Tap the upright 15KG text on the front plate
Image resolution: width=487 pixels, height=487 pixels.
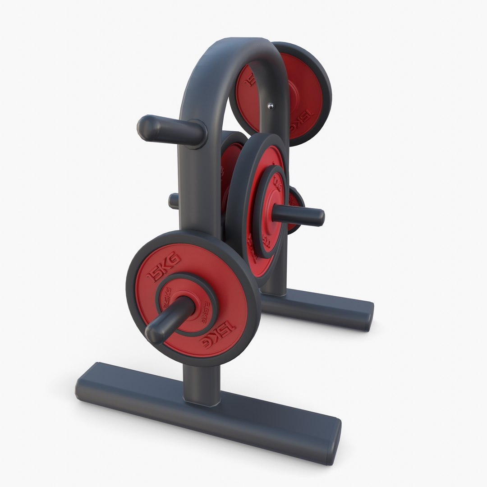[x=165, y=267]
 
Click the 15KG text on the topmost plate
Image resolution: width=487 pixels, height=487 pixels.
[x=299, y=122]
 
